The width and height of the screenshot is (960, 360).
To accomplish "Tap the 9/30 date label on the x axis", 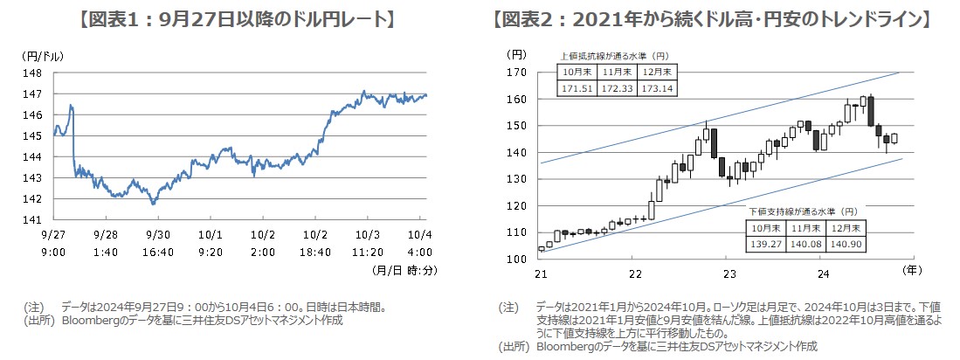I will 158,235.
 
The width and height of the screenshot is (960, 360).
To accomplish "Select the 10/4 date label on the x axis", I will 419,235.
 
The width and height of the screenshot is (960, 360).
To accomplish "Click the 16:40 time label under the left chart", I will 158,251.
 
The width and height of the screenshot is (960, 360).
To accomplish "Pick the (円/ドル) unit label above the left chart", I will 38,56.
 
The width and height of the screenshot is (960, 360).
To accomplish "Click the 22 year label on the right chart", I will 635,273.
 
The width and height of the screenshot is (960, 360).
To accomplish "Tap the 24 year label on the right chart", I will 821,273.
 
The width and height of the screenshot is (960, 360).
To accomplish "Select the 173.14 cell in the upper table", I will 657,89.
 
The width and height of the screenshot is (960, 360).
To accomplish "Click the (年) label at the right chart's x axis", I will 909,270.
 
